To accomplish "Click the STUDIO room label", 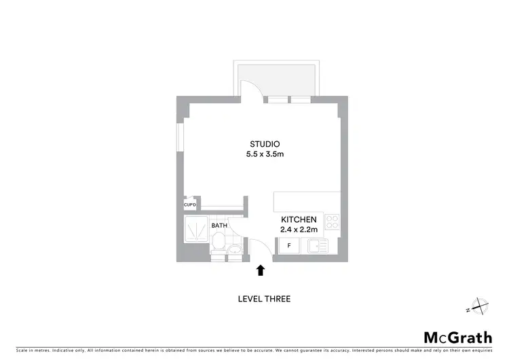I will tap(265, 144).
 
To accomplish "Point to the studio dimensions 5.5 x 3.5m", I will tap(265, 154).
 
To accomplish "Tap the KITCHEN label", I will tap(299, 220).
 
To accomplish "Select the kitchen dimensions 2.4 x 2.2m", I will tap(299, 230).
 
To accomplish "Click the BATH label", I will tap(219, 226).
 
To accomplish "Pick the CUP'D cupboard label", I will tap(190, 205).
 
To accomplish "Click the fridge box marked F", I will tap(290, 245).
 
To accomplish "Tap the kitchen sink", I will tap(316, 245).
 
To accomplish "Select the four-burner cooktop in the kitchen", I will tap(332, 221).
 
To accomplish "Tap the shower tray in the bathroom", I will tap(197, 230).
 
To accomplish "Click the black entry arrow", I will tap(261, 271).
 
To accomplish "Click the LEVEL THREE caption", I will tap(265, 299).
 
